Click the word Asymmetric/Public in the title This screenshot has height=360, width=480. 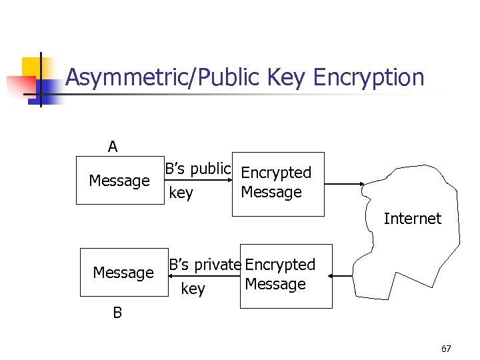163,78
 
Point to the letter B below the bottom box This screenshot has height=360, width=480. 117,313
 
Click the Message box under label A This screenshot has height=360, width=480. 119,180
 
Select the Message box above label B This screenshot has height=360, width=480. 123,272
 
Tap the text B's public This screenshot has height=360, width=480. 197,169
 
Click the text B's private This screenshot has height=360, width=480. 204,265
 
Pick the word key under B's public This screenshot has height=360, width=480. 181,194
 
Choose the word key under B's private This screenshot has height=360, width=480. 193,289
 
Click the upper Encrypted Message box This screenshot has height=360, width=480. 277,184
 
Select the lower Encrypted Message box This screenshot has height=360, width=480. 285,276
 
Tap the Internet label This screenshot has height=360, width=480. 412,219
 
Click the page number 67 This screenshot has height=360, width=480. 446,349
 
